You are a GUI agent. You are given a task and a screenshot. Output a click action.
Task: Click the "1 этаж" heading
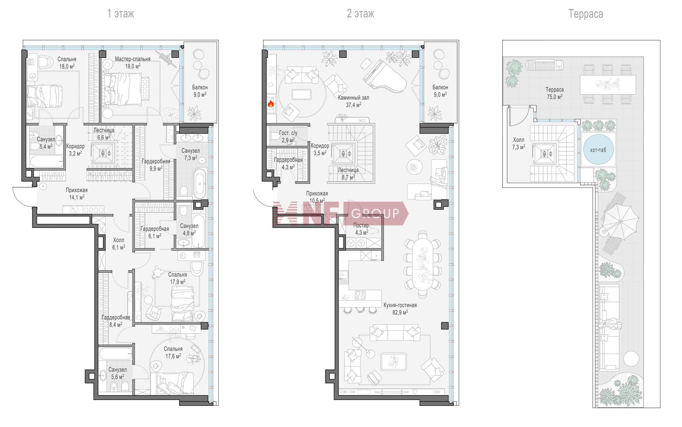(121, 14)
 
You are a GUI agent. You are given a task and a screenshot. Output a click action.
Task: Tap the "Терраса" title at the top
(586, 14)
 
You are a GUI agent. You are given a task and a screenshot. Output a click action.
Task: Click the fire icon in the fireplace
(271, 104)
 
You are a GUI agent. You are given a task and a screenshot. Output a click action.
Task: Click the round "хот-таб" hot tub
(598, 150)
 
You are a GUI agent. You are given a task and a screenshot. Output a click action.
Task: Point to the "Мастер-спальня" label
(132, 59)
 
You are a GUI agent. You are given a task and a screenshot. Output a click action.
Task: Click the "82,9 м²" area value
(400, 312)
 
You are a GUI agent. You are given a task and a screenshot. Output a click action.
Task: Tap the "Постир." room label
(362, 225)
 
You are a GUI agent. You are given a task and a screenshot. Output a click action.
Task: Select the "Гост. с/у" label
(288, 133)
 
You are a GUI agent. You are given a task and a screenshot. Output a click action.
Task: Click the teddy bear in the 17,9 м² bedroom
(157, 272)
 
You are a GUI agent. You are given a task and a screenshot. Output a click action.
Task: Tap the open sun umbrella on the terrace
(620, 221)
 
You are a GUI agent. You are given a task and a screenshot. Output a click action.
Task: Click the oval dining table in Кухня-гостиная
(422, 264)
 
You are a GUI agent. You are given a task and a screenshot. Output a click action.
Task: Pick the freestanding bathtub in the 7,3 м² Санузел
(199, 184)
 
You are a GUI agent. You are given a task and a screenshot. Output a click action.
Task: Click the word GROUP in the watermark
(375, 213)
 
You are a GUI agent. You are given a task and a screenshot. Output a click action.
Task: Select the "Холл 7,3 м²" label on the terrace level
(519, 143)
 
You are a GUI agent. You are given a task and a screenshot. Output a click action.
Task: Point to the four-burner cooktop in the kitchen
(361, 295)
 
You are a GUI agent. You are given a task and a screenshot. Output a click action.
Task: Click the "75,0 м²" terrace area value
(554, 97)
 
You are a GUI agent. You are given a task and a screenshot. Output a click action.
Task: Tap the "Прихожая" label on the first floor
(76, 190)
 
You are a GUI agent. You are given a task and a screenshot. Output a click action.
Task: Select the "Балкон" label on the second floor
(440, 87)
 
